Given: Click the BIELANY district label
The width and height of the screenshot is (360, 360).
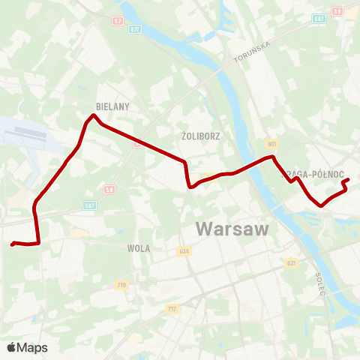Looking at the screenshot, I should tap(113, 107).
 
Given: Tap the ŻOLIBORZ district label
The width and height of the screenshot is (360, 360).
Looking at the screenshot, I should tap(199, 137).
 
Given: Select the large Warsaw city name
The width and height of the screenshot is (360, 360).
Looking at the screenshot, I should tap(232, 229).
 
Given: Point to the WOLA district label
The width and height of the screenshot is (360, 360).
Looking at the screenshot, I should tap(139, 248).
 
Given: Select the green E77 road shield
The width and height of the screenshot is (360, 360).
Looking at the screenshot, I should tap(134, 28).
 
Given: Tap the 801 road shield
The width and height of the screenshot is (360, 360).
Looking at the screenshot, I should tap(271, 143).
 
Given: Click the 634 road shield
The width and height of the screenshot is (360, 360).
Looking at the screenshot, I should tap(185, 251).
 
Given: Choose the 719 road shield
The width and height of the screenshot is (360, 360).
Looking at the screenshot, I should tap(121, 285).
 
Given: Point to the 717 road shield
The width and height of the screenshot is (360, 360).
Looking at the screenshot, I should tap(172, 308).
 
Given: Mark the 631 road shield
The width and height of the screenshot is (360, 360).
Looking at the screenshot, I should tap(291, 263).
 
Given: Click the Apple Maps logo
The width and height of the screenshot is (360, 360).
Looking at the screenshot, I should tap(27, 347).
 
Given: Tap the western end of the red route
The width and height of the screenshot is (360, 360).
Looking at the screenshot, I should tap(12, 243).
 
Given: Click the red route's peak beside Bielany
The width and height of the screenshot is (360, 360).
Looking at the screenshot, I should tap(93, 115).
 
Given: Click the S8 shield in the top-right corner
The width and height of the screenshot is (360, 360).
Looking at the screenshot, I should tap(337, 11).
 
